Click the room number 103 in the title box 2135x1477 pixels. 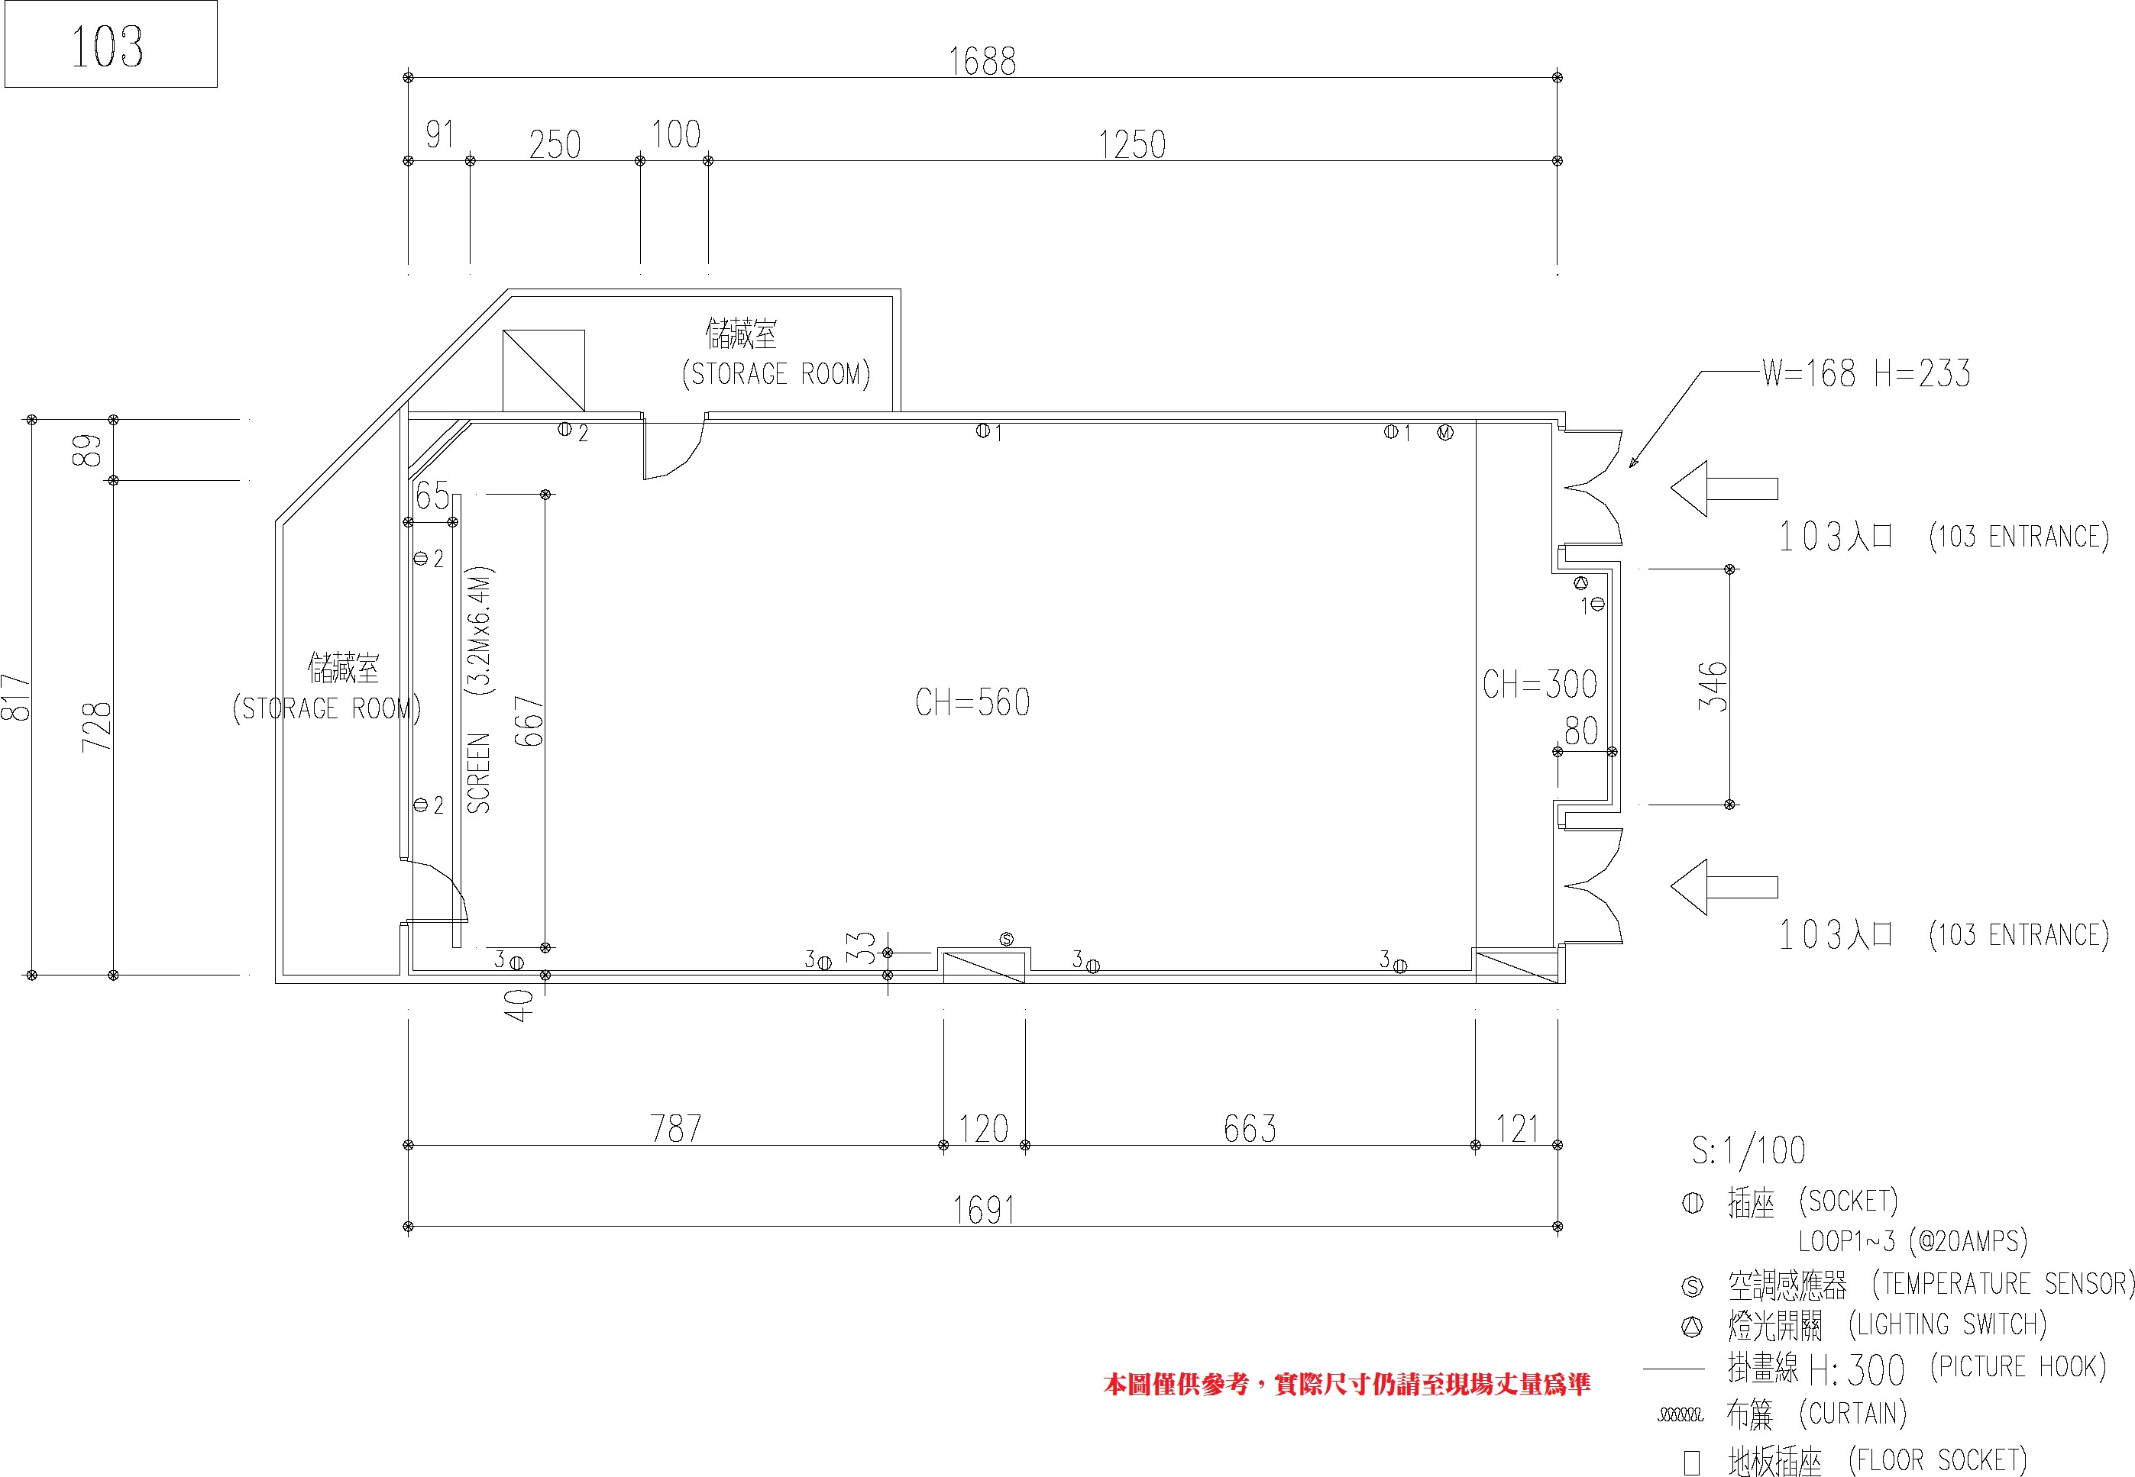(x=108, y=47)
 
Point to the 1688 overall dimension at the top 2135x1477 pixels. (x=982, y=62)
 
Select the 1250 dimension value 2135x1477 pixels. (x=1131, y=144)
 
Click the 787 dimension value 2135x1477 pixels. (x=676, y=1128)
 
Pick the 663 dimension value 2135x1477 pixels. (x=1250, y=1128)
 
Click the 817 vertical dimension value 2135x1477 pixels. (x=17, y=697)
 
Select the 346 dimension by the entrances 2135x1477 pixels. (x=1713, y=685)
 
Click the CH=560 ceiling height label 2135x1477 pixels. (x=972, y=702)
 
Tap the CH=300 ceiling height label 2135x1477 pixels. (x=1540, y=685)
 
